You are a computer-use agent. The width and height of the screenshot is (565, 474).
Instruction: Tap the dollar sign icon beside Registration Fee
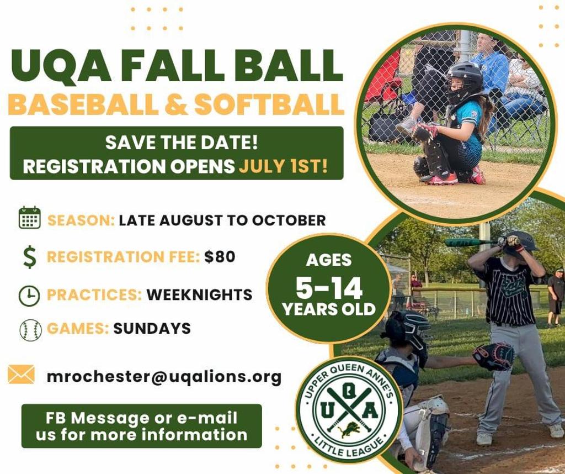pos(30,257)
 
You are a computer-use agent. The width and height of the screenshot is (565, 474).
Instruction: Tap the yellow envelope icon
pos(22,375)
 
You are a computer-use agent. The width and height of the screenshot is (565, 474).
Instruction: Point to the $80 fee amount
pos(220,257)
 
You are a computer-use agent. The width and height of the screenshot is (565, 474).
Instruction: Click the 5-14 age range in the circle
pos(329,288)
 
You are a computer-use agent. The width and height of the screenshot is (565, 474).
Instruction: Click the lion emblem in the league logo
pos(349,429)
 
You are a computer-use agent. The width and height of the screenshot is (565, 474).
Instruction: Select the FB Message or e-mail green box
pos(141,426)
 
